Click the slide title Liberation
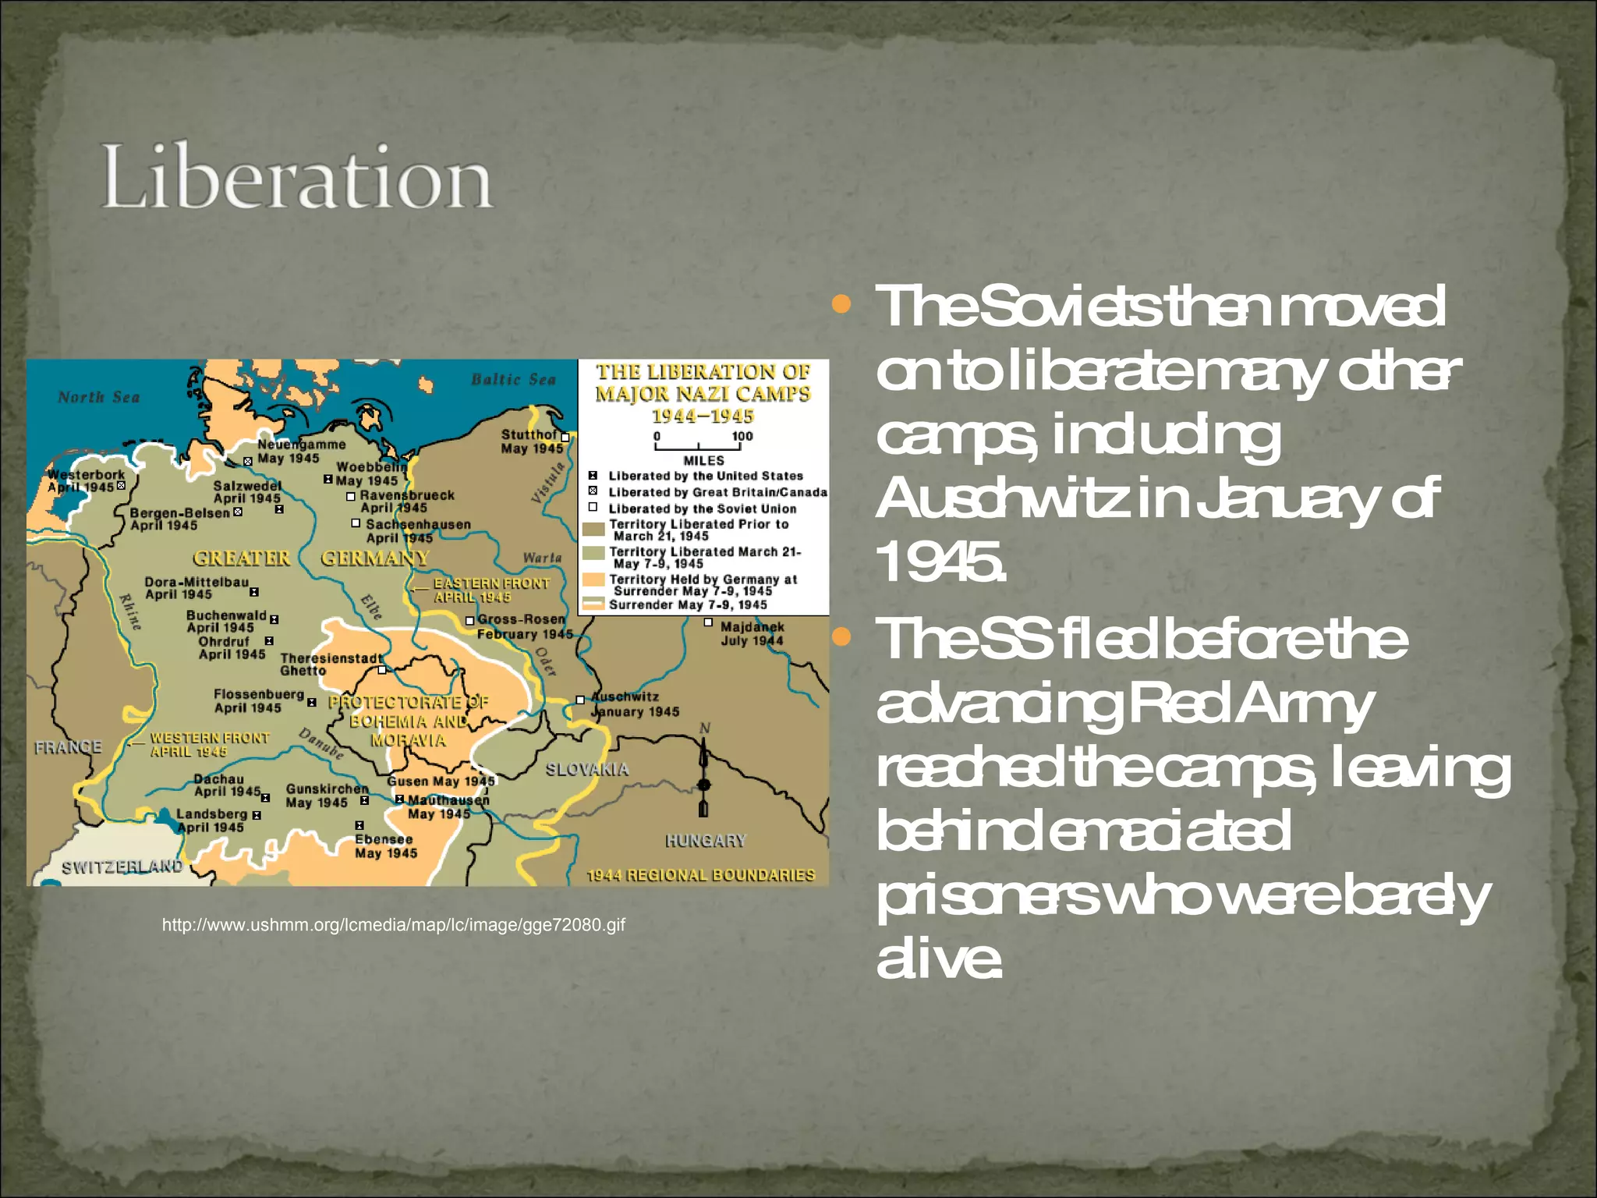coord(296,178)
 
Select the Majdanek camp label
coord(752,633)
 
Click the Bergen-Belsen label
coord(179,513)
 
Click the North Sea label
coord(98,397)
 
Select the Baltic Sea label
coord(513,380)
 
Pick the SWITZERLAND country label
coord(122,867)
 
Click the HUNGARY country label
coord(705,841)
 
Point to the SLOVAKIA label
coord(586,770)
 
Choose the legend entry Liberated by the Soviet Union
coord(702,509)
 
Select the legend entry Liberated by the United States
coord(705,476)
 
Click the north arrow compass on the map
coord(703,772)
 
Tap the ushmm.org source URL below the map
coord(393,925)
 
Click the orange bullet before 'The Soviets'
coord(841,304)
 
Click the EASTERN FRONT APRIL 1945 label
coord(491,590)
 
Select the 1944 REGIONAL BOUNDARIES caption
coord(700,875)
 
